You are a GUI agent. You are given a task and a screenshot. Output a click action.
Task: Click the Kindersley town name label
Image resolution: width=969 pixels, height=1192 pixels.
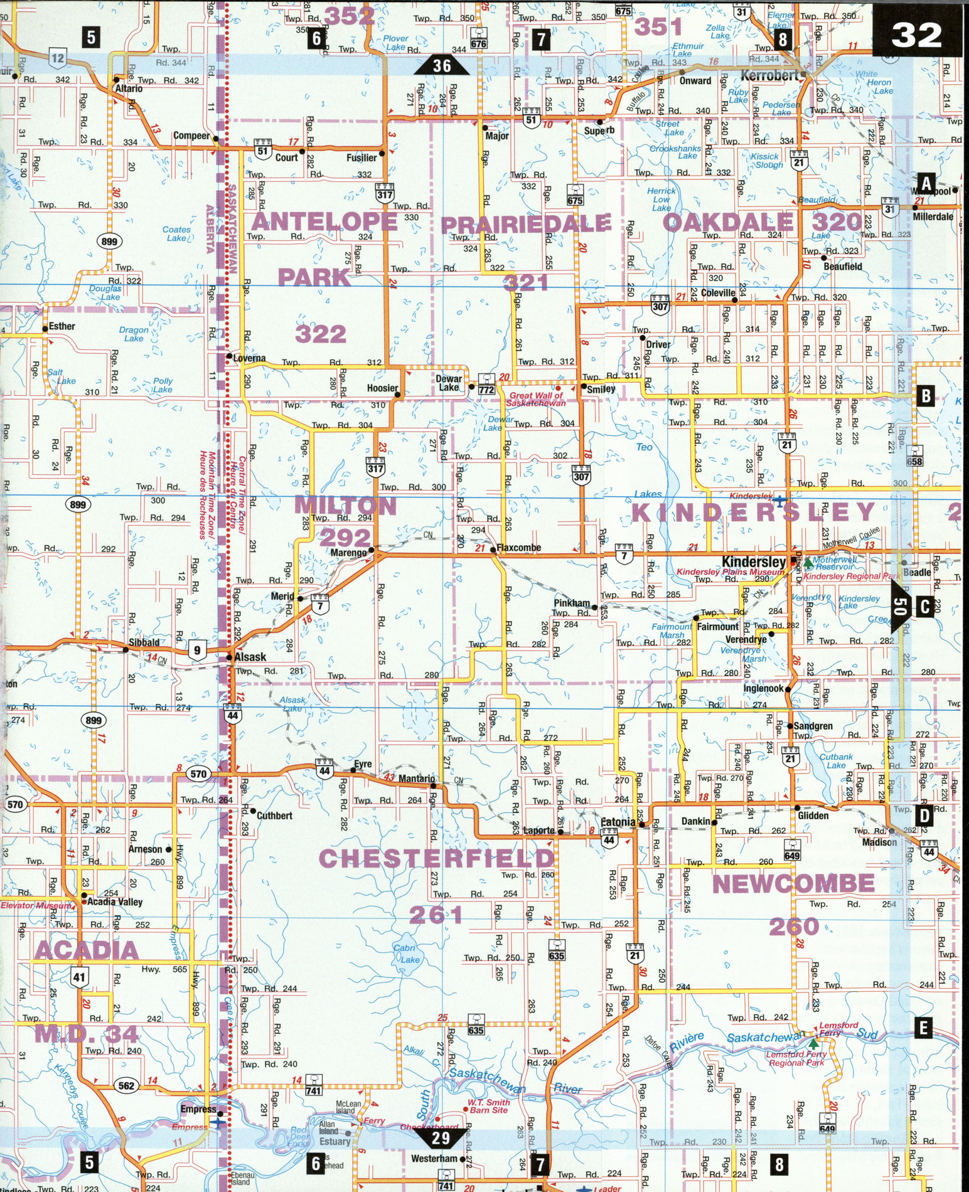[754, 561]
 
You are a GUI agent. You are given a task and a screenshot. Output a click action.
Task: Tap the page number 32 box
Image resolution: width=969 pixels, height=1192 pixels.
[916, 36]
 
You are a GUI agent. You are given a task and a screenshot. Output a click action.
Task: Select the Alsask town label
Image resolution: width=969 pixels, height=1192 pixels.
[250, 657]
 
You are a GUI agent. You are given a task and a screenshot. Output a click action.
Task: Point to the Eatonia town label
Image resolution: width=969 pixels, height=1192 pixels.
[618, 822]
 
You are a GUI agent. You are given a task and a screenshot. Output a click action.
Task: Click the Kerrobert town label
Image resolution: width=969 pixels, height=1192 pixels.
[769, 76]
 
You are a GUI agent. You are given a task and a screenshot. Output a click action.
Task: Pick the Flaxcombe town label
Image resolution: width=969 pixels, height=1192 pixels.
[519, 548]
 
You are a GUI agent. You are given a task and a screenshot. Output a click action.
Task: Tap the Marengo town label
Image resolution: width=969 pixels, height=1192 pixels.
[348, 553]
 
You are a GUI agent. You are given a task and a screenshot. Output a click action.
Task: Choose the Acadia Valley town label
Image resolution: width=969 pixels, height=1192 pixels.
[114, 902]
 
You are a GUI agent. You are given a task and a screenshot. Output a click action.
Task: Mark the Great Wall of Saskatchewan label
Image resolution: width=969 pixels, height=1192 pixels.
[536, 399]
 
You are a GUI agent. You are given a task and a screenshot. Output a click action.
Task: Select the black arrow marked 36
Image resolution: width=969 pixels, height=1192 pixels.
[442, 65]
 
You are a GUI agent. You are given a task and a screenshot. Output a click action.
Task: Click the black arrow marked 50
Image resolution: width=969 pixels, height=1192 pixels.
[900, 606]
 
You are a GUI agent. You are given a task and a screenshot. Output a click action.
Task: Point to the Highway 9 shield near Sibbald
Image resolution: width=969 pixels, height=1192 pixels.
[197, 651]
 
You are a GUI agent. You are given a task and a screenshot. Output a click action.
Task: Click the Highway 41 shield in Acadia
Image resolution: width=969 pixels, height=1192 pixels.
[79, 976]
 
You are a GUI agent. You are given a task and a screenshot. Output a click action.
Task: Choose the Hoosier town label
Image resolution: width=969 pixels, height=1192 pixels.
[382, 388]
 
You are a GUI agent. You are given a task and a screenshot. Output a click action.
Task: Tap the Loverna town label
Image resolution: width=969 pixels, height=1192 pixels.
[249, 358]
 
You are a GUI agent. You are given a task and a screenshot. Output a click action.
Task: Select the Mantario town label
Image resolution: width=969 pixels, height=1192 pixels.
[416, 779]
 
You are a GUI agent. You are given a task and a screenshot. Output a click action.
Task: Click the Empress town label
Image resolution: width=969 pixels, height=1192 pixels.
[198, 1109]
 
